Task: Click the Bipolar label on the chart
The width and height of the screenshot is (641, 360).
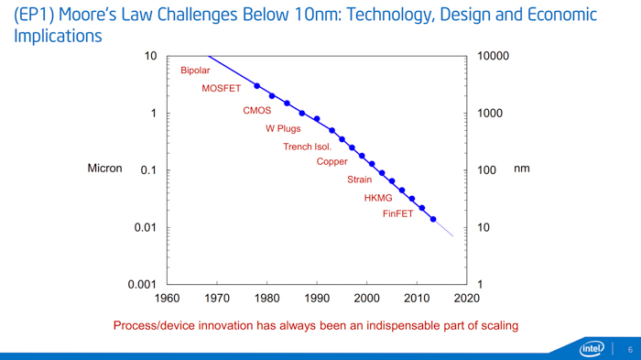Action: [x=195, y=71]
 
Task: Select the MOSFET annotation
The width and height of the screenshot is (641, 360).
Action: [x=222, y=89]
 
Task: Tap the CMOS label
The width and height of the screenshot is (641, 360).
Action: [x=257, y=111]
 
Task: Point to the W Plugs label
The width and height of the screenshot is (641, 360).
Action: [x=283, y=129]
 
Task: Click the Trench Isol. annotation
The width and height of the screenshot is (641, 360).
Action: [x=308, y=147]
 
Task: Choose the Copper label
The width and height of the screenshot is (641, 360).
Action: [x=331, y=162]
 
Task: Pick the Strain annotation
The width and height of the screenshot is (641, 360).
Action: [x=359, y=180]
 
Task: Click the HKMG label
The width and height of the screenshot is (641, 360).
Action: [x=378, y=198]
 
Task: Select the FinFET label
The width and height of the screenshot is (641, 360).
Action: [x=398, y=214]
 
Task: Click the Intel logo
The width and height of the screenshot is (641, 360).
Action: [x=593, y=348]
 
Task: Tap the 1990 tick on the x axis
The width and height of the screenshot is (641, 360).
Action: [x=317, y=298]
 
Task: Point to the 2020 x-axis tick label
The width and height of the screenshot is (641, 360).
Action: [x=466, y=298]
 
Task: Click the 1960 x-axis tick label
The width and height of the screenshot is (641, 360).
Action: [x=168, y=298]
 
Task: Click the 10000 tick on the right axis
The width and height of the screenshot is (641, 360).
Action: [x=494, y=57]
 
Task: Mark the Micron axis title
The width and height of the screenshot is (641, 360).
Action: [x=104, y=169]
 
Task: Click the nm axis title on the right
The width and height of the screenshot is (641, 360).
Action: [x=521, y=169]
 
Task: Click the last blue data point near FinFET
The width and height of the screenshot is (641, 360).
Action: [x=433, y=220]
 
